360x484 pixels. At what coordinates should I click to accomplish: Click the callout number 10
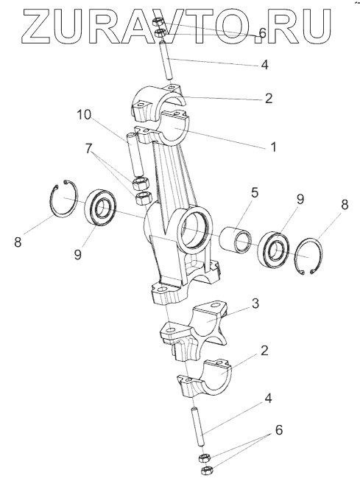pos(84,115)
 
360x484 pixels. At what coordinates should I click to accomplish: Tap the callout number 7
pos(89,149)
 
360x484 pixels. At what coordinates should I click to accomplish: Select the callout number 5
pos(255,192)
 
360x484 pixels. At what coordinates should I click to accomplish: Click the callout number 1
pos(273,147)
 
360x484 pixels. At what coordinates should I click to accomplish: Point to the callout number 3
pos(255,304)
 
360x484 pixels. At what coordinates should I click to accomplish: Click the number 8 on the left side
pos(18,242)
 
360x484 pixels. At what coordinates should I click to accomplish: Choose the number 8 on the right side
pos(345,204)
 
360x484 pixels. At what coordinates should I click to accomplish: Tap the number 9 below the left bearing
pos(77,255)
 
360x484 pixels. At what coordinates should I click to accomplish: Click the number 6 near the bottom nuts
pos(278,430)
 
